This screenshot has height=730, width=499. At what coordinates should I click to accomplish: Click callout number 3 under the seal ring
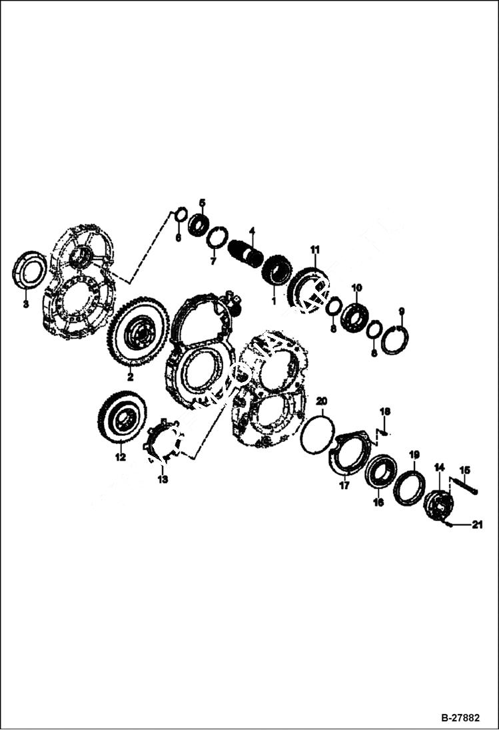tap(25, 304)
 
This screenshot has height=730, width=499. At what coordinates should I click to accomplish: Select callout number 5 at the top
tap(203, 202)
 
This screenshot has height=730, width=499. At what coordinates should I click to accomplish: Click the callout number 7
tap(213, 262)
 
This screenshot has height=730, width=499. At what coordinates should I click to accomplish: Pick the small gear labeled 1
tap(275, 271)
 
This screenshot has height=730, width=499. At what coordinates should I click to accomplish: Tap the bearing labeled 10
tap(354, 317)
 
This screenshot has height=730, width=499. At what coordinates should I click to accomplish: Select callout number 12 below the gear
tap(120, 457)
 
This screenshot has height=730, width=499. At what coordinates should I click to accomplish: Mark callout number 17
tap(344, 486)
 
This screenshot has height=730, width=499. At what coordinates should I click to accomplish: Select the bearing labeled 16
tap(381, 472)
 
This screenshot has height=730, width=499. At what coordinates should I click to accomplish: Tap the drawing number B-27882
tap(460, 719)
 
